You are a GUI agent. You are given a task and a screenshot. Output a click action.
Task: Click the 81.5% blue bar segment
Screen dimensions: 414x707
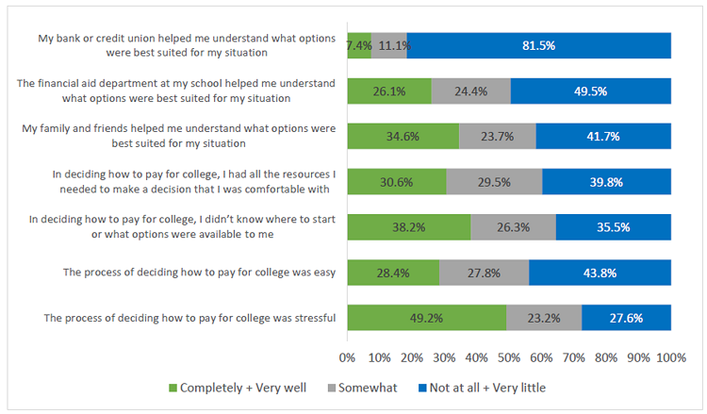pos(538,45)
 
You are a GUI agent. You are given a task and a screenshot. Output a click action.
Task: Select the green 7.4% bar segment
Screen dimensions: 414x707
pos(358,45)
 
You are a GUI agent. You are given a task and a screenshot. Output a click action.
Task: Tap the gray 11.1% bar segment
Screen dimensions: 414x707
pos(388,45)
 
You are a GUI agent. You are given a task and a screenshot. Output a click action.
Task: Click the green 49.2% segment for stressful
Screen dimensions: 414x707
pos(426,318)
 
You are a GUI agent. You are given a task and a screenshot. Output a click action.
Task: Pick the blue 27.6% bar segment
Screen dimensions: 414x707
pos(626,318)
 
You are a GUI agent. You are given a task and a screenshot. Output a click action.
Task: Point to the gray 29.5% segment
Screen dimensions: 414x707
pos(494,181)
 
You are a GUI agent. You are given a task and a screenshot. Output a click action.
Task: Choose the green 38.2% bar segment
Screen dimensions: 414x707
pos(408,226)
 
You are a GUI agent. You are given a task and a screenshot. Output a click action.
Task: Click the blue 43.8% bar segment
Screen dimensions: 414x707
pos(600,273)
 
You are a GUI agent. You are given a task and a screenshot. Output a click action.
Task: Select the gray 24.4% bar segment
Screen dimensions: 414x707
pos(470,91)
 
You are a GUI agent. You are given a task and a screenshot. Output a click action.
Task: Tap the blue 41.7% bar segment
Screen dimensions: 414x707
pos(603,136)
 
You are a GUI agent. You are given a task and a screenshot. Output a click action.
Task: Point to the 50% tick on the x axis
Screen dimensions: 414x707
pos(509,357)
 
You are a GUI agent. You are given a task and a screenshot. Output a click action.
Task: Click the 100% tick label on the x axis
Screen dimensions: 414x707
pos(671,357)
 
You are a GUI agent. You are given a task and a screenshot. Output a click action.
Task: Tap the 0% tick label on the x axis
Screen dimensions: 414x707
pos(347,357)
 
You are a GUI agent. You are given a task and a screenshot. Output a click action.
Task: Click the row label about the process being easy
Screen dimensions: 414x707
pos(199,273)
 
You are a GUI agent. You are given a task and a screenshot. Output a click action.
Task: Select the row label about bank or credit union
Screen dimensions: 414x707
pos(187,45)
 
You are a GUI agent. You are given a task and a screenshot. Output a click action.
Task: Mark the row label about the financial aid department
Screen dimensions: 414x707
pos(176,91)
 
